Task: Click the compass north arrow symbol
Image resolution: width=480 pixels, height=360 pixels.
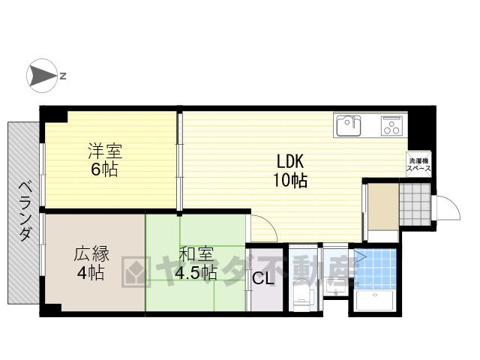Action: point(42,76)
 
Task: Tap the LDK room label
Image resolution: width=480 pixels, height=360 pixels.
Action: point(290,161)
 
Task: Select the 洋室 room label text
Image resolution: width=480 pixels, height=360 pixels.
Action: point(105,151)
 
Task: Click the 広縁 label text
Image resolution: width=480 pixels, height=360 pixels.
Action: point(91,254)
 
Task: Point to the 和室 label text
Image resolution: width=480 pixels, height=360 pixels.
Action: point(196,253)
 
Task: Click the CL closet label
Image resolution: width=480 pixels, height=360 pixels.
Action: point(262,278)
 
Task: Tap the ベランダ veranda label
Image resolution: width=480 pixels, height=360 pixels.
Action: point(25,211)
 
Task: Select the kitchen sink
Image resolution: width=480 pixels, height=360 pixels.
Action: point(349,125)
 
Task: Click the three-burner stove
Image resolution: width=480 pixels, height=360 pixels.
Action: point(391,125)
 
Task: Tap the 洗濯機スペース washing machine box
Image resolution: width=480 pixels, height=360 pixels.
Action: point(418,164)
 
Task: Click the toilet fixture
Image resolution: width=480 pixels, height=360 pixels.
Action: point(301,295)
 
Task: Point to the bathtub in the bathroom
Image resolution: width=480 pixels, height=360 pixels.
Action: point(375,300)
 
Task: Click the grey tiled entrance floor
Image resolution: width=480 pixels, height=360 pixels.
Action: point(415,205)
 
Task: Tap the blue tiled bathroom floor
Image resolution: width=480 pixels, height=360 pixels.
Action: point(375,269)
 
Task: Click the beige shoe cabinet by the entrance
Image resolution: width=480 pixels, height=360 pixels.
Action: point(382,206)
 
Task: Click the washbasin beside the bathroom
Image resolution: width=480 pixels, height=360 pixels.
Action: point(336,287)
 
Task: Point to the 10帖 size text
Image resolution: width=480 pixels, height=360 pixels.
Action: point(290,180)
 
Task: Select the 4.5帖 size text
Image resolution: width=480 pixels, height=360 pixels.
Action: point(196,272)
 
